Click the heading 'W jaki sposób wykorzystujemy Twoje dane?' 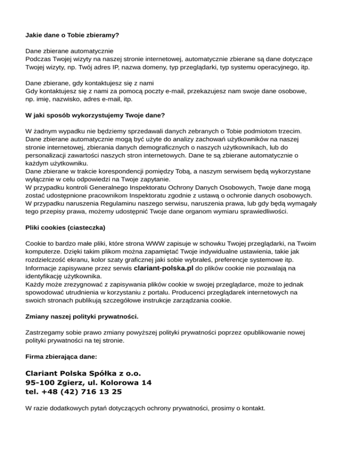coord(94,114)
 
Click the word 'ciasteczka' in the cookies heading coord(87,227)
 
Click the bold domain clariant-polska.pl coord(163,268)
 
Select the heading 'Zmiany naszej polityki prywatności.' coord(82,316)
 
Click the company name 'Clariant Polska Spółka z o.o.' coord(82,374)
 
